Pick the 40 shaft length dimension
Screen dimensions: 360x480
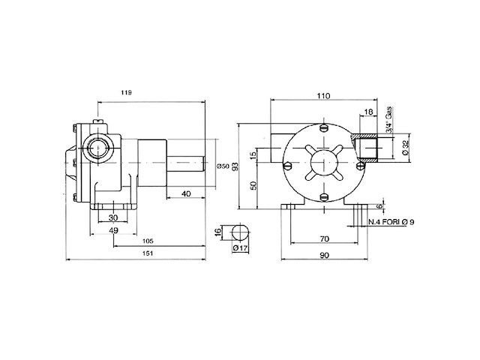coord(184,193)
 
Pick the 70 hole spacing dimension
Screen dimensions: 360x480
coord(323,238)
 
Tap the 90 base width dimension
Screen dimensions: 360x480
coord(323,255)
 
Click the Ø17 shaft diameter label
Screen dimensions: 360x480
coord(240,247)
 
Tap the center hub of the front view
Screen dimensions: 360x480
coord(323,164)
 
